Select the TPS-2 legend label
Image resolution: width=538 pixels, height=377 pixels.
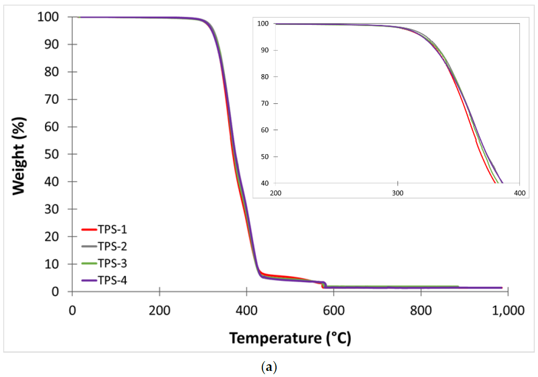tap(113, 246)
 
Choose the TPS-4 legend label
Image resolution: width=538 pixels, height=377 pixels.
tap(113, 280)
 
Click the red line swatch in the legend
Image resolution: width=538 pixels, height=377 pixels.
tap(89, 230)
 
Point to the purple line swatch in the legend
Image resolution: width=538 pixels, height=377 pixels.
tap(89, 280)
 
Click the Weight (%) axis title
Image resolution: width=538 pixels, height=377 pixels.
tap(19, 154)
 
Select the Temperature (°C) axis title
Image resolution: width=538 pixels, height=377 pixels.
tap(290, 338)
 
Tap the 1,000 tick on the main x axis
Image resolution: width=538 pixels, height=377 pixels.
tap(508, 310)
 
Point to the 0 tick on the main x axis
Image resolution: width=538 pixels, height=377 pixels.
tap(72, 310)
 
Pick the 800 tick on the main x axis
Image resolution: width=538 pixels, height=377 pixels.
tap(421, 310)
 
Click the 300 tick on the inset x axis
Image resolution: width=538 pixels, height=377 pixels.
tap(398, 192)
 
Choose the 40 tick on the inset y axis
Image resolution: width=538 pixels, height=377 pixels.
tap(266, 183)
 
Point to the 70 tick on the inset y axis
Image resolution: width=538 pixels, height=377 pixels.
tap(266, 103)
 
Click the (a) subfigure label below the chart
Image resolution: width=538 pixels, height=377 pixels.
tap(269, 368)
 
